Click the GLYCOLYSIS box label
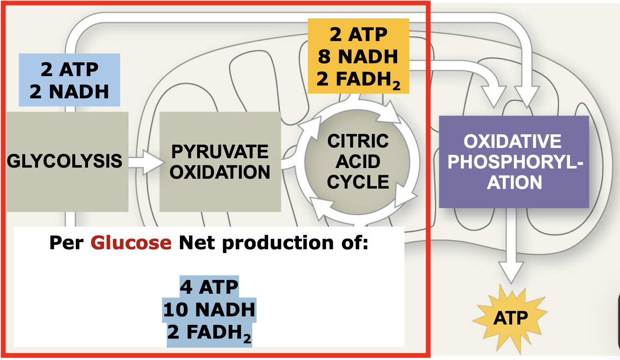click(65, 161)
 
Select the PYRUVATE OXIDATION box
click(220, 162)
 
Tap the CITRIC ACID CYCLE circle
click(357, 162)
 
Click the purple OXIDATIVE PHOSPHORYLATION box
click(514, 162)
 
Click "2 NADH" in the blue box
click(69, 91)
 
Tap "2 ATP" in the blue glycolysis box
click(69, 69)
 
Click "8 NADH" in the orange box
click(358, 56)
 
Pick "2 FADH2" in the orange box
click(358, 79)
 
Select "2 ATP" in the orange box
click(358, 34)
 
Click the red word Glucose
click(131, 243)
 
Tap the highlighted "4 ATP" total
click(209, 287)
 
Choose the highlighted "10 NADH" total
click(209, 310)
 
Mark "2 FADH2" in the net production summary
click(209, 333)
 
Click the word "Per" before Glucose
click(66, 243)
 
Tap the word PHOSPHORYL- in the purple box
click(515, 162)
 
